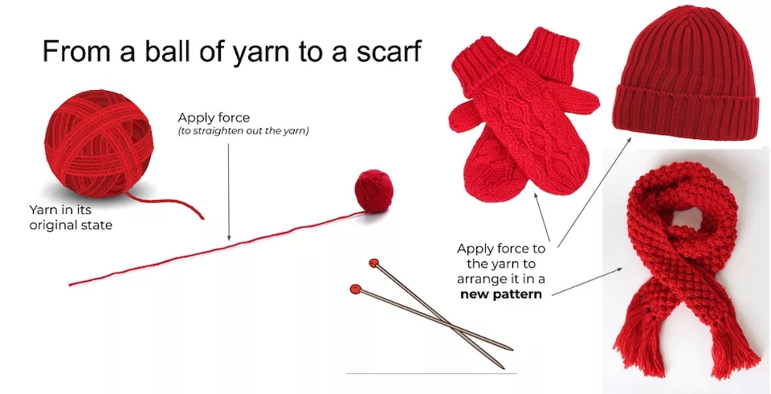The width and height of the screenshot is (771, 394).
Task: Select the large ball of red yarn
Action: pos(98,143)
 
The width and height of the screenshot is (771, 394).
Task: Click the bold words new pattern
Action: pos(501,294)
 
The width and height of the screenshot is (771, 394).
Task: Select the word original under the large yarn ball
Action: pos(50,226)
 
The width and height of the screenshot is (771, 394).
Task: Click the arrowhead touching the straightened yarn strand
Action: pos(229,238)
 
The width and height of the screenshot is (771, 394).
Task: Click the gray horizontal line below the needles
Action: pos(432,373)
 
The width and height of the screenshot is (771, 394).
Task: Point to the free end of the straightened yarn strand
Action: pos(71,284)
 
